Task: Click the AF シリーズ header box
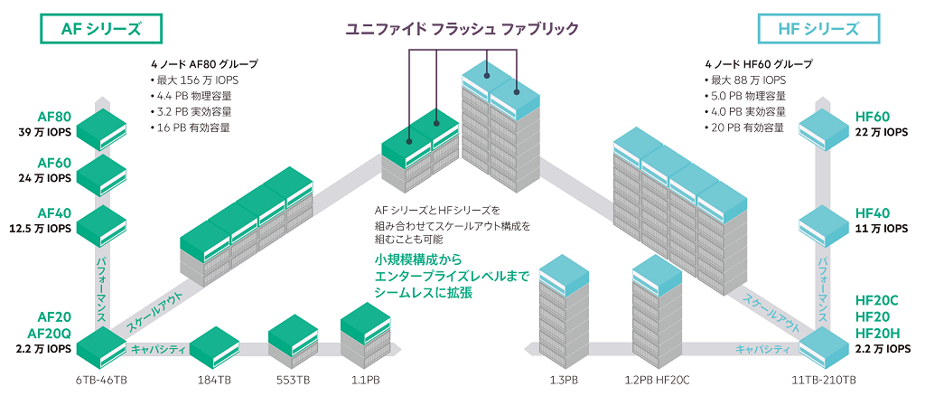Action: point(101,28)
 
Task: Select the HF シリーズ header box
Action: point(818,28)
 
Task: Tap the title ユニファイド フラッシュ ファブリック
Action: point(462,28)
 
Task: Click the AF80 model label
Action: point(55,117)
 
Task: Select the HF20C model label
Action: point(876,301)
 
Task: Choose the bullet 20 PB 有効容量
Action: point(744,127)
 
